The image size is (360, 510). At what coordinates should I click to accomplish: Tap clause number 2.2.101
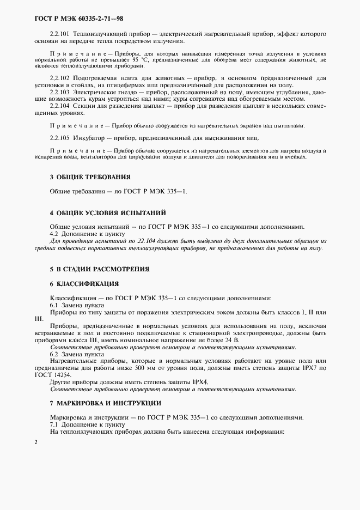(x=59, y=33)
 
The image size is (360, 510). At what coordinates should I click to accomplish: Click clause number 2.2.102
(x=59, y=78)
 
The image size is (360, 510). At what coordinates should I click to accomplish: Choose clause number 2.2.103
(x=59, y=92)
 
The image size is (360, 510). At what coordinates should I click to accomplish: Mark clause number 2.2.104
(x=59, y=106)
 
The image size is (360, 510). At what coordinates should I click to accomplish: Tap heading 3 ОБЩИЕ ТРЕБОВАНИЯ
(x=90, y=177)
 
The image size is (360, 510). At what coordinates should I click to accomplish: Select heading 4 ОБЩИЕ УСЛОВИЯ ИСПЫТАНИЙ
(x=108, y=212)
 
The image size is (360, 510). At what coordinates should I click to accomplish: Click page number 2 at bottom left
(x=36, y=442)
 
